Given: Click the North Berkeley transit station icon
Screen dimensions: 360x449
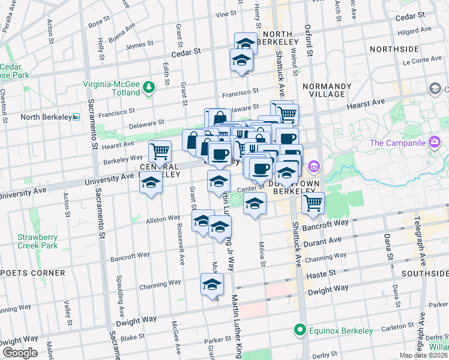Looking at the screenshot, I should [x=76, y=116].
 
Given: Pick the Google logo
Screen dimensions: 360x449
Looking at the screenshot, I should [x=20, y=352].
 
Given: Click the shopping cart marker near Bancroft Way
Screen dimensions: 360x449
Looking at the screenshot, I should [x=313, y=203].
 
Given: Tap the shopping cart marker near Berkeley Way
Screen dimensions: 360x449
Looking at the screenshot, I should [x=160, y=151].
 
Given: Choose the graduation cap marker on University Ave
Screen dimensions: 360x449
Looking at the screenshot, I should [x=150, y=184].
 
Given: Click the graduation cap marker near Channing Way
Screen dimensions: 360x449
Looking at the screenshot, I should [x=212, y=285].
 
